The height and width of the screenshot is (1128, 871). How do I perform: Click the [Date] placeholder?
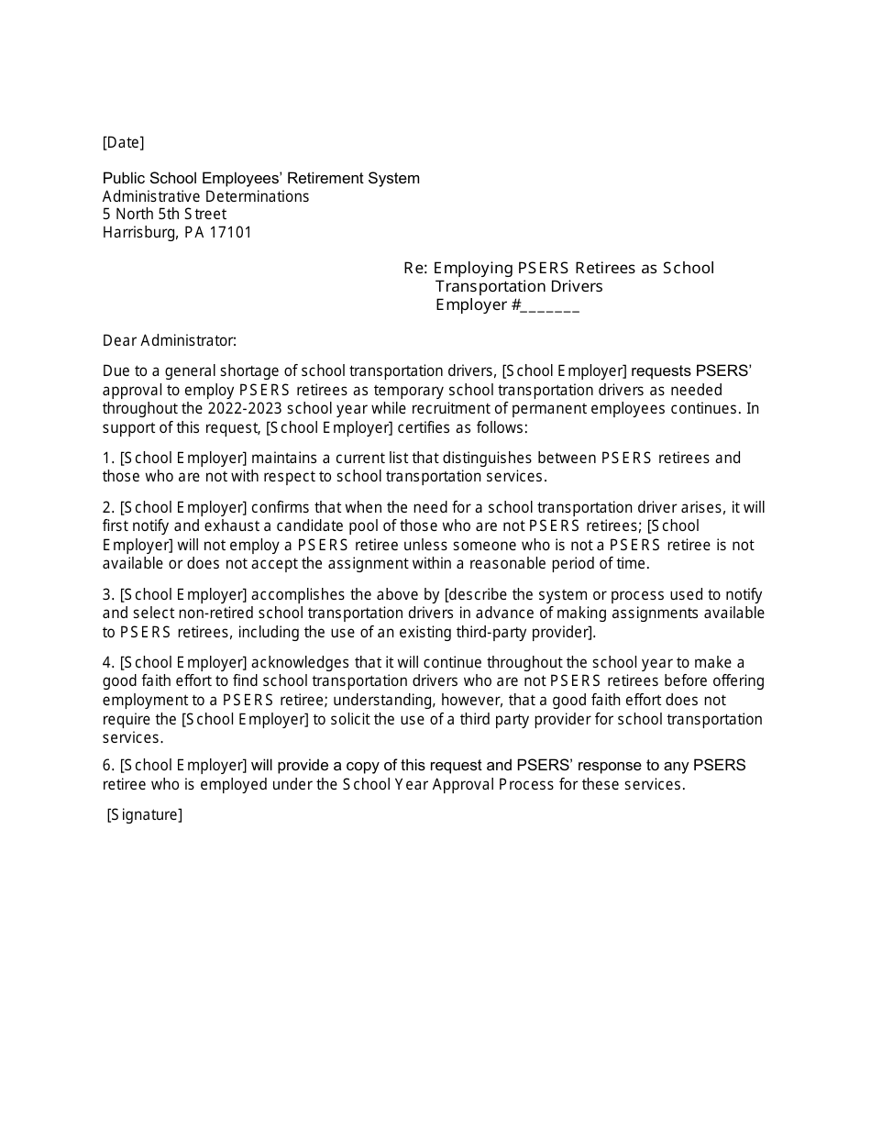pos(123,142)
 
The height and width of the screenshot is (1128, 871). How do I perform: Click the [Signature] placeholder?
pos(145,814)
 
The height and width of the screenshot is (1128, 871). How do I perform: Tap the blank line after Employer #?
pos(549,305)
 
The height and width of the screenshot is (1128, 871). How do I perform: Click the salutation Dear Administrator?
pos(169,341)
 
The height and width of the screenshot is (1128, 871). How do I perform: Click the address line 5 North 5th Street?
pos(164,214)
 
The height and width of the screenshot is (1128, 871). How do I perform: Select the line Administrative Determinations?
pos(205,196)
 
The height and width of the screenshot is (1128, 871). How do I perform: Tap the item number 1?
pos(107,458)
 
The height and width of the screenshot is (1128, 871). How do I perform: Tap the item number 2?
pos(107,507)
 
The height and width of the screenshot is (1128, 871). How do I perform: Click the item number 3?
pos(107,594)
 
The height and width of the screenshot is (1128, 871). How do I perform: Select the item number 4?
pos(107,662)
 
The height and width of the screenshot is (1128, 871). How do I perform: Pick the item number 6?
pos(107,765)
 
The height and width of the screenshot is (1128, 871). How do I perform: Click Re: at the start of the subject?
pos(415,268)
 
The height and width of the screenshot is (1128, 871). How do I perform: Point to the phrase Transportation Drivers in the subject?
pos(519,286)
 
